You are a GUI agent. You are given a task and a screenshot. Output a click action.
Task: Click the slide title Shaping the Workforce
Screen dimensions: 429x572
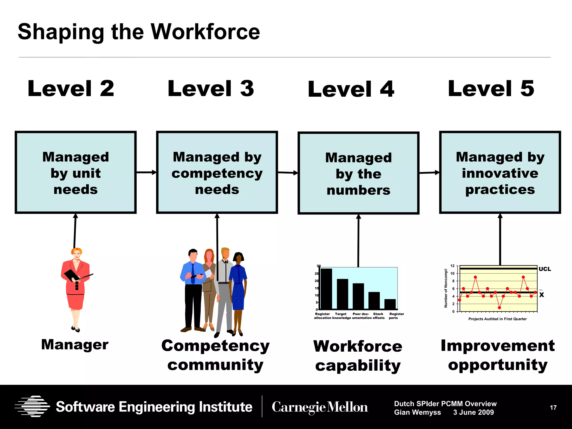(139, 32)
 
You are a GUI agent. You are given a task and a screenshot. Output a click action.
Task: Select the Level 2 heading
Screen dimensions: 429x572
(71, 89)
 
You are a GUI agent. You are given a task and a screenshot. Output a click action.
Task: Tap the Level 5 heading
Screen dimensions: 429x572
(491, 89)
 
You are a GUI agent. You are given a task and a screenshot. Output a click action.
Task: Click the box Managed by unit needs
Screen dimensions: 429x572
(76, 173)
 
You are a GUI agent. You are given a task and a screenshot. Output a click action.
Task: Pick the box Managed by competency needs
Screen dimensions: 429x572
(217, 173)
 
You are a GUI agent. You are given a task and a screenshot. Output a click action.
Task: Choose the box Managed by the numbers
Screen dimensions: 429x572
(358, 173)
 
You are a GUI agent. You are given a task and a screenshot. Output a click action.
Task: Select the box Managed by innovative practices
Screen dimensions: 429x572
(500, 173)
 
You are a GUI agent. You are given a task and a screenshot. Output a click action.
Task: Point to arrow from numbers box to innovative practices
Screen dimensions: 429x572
(429, 173)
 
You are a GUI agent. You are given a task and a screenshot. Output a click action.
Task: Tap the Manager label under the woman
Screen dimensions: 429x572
(75, 344)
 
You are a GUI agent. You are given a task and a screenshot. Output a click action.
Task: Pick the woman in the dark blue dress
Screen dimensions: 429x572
(238, 293)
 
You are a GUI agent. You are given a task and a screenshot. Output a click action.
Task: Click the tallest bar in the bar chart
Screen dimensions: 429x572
(326, 289)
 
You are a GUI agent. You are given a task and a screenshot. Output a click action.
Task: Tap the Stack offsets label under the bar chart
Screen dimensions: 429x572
(378, 316)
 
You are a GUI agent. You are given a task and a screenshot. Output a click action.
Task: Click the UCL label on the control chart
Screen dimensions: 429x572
(545, 269)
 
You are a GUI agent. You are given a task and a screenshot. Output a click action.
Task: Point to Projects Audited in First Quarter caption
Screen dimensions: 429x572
(497, 319)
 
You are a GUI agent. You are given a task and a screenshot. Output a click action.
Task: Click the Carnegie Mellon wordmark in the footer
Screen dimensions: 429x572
(320, 407)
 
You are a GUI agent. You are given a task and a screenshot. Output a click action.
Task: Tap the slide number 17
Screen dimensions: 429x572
(553, 408)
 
